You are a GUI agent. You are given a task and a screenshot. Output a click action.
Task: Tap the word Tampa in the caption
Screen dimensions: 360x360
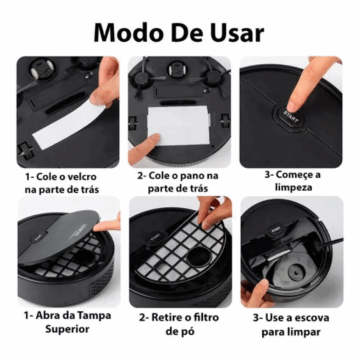pos(92,316)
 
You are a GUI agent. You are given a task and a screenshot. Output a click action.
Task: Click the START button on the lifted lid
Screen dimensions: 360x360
pos(37,238)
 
